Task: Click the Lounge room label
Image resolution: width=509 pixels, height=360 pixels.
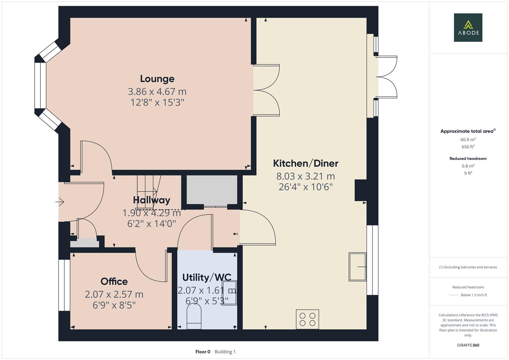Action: [157, 79]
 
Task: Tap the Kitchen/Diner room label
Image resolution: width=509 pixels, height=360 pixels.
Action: [305, 163]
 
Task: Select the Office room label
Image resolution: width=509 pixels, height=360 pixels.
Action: [114, 281]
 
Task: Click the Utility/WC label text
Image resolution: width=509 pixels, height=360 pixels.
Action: [207, 277]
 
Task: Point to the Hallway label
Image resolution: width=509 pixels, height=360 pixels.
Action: [151, 200]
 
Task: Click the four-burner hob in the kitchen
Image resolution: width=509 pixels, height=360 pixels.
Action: [307, 319]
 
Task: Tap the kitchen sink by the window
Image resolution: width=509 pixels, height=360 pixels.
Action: [357, 267]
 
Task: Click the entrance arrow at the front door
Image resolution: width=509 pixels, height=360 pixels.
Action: [60, 202]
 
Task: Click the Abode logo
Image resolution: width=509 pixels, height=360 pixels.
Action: [468, 28]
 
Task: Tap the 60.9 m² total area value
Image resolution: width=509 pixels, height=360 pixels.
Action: [468, 140]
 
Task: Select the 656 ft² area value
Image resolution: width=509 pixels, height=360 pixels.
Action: [468, 147]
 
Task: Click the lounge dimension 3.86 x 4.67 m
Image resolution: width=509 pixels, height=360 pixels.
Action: [157, 91]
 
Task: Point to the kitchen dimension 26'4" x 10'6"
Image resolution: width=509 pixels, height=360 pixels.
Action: [305, 187]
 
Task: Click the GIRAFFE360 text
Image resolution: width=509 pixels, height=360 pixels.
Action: [468, 345]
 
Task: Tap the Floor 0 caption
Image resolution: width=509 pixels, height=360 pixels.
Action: [203, 352]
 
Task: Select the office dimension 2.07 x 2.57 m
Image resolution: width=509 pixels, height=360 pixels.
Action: [114, 294]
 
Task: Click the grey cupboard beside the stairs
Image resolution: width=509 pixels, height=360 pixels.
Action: [212, 190]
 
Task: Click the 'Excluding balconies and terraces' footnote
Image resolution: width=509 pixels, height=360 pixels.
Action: [468, 267]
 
